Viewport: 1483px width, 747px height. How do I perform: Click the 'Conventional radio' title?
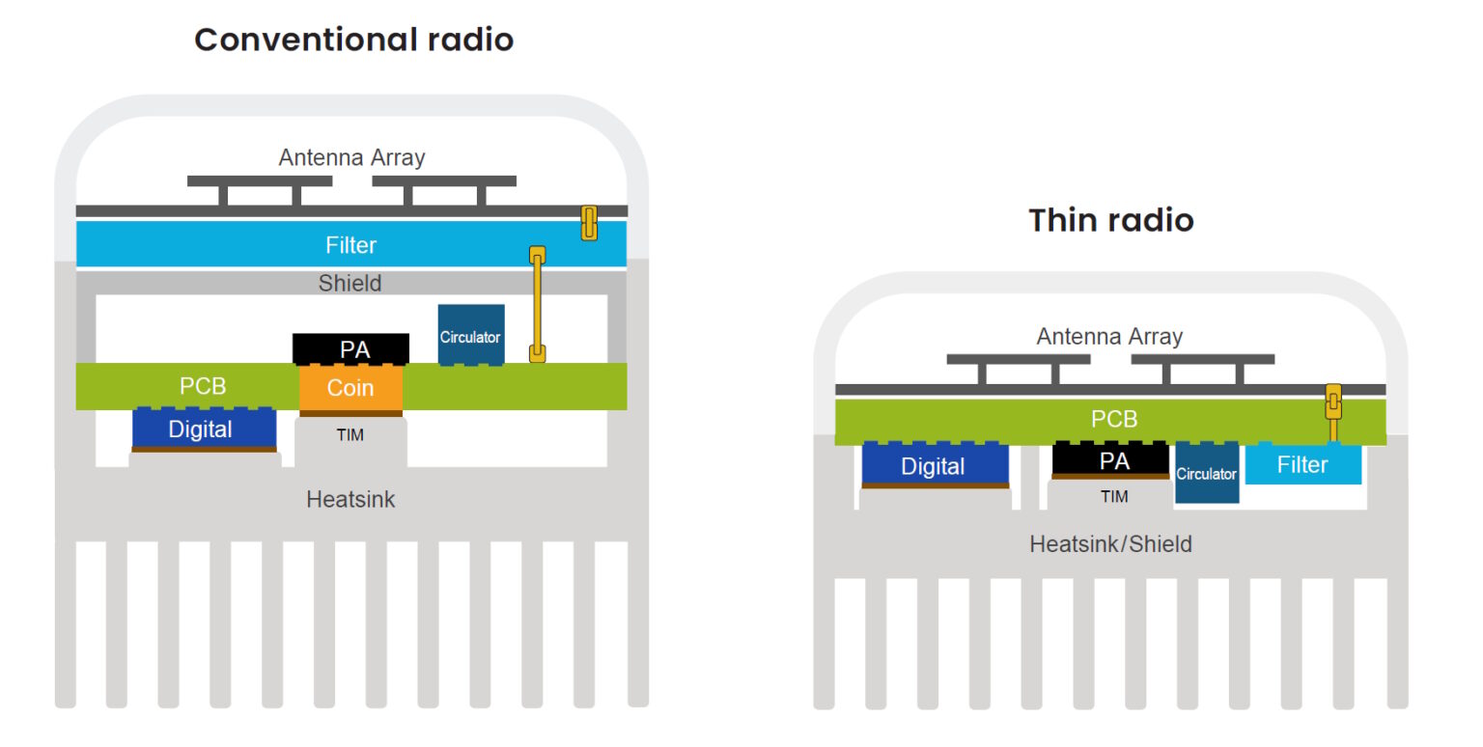[353, 40]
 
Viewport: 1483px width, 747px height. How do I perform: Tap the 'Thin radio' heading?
[1110, 220]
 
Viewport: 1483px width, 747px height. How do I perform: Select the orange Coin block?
[350, 388]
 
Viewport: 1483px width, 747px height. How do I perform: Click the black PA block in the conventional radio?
[351, 349]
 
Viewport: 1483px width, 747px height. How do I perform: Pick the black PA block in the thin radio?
[1110, 460]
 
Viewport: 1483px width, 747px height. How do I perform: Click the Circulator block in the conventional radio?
[471, 336]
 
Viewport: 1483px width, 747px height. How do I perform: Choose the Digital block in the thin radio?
[935, 465]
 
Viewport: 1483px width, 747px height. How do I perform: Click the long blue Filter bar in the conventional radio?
[350, 245]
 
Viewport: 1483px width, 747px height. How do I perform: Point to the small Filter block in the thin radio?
[1302, 464]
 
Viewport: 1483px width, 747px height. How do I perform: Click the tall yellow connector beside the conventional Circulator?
[538, 304]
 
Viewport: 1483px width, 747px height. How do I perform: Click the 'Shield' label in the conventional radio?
[350, 284]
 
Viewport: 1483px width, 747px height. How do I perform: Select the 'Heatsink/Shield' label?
[1110, 544]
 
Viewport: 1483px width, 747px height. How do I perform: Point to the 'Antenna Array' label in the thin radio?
[1109, 337]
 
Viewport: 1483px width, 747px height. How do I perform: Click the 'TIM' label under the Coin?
[350, 435]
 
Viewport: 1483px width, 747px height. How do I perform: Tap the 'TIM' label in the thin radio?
[1114, 496]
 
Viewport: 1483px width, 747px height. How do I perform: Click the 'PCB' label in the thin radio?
[1113, 420]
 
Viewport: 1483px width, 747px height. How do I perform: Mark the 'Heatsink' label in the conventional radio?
[350, 500]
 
